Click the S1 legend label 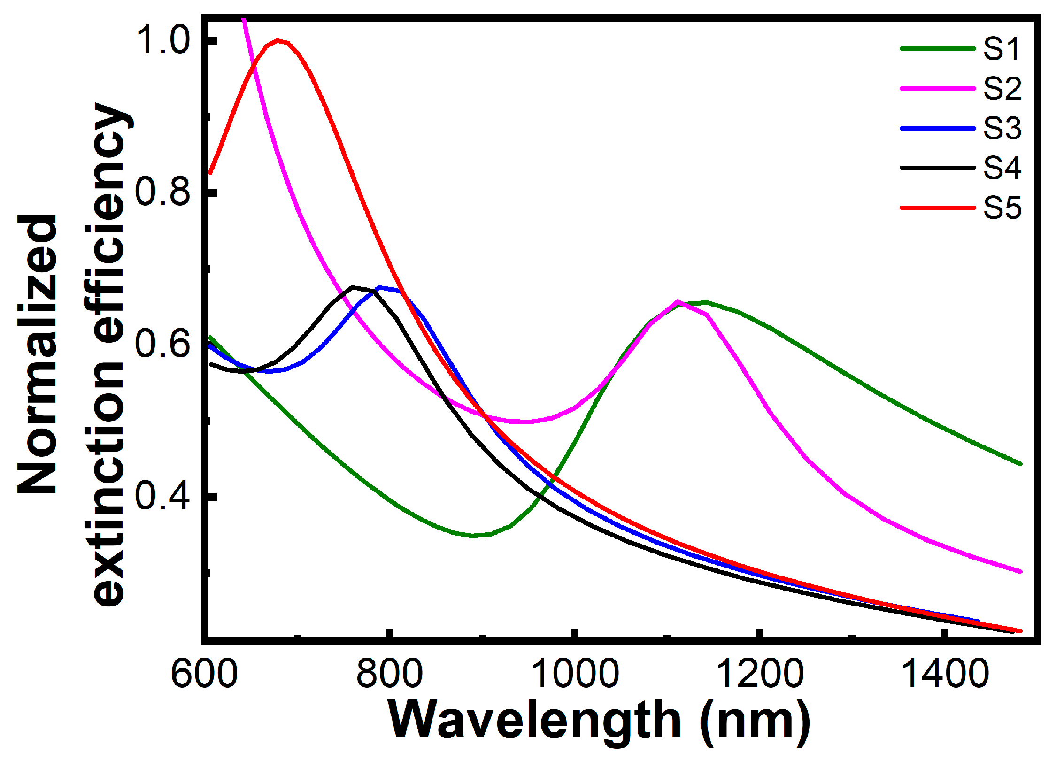click(x=1002, y=48)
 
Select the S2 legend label click(x=1002, y=88)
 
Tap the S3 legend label click(x=1002, y=128)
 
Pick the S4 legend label click(x=1002, y=168)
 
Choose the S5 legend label click(x=1002, y=207)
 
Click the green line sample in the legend click(x=938, y=48)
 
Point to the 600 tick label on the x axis click(x=204, y=675)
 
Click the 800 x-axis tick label click(x=389, y=675)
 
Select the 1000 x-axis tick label click(x=576, y=675)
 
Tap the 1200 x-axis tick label click(x=761, y=675)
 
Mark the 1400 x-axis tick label click(x=946, y=675)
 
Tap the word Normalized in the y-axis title click(x=38, y=354)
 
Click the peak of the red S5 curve click(x=278, y=41)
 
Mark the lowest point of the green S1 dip click(x=473, y=536)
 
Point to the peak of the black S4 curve click(x=352, y=287)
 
